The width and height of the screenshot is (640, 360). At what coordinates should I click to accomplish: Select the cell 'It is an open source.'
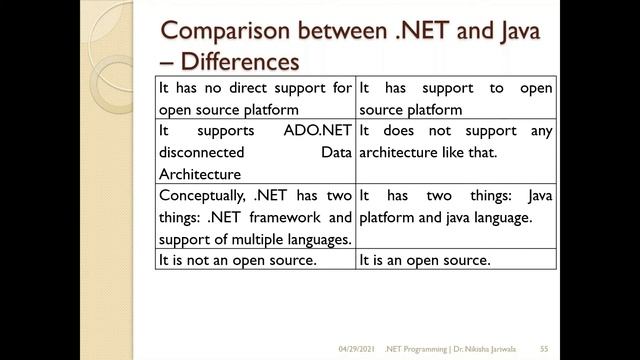point(425,260)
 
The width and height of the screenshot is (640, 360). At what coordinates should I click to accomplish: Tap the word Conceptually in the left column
point(205,196)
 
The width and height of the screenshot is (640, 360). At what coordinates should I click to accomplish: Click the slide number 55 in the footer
point(545,347)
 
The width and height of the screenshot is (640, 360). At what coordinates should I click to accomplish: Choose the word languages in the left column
point(317,239)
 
